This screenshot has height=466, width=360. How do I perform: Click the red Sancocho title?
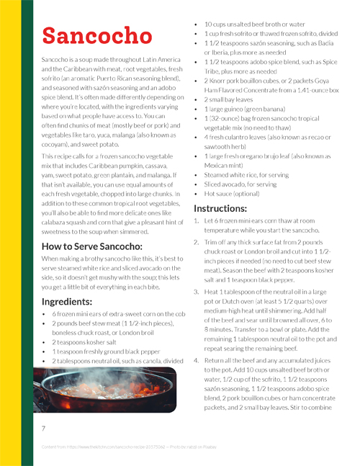click(x=92, y=35)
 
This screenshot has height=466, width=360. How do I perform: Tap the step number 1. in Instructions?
click(x=197, y=223)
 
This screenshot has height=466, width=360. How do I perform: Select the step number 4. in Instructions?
click(x=197, y=358)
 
